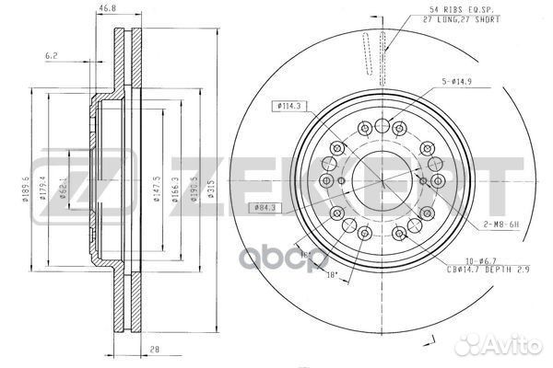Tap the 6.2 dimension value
coord(53,56)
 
